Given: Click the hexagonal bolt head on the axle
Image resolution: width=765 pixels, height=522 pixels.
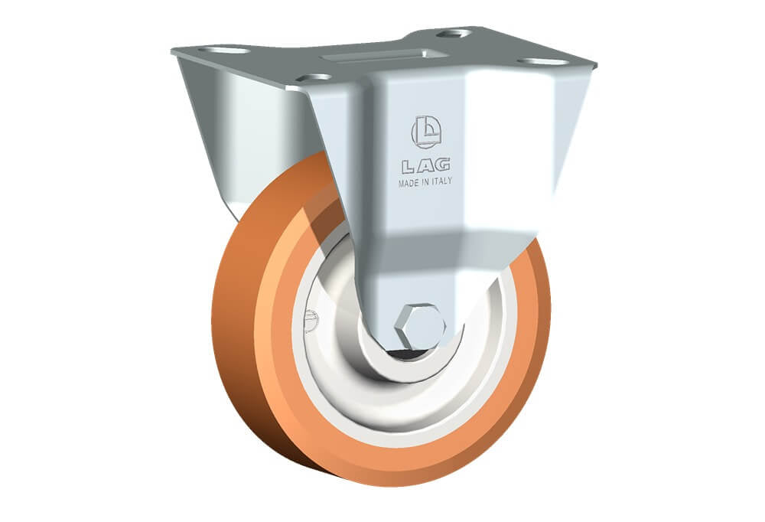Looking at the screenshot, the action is point(421,325).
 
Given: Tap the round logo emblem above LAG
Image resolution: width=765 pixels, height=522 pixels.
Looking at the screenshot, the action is point(426,132).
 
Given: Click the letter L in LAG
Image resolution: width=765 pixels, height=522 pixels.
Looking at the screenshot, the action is point(409,167).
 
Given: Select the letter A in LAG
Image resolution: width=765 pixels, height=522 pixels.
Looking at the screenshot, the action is point(425,167).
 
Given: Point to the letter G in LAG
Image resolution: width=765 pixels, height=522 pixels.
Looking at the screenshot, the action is point(442,165).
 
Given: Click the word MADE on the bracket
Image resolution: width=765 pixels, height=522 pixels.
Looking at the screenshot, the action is point(409,184).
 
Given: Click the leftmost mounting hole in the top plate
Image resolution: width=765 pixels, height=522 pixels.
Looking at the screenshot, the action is point(223,51).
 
